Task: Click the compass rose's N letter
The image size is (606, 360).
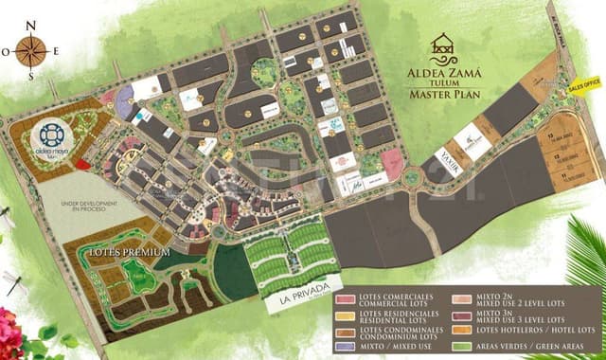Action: [31, 25]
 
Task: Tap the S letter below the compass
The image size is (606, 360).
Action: [31, 77]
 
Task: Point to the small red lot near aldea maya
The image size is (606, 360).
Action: [83, 165]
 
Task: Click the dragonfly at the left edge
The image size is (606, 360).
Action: [12, 279]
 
